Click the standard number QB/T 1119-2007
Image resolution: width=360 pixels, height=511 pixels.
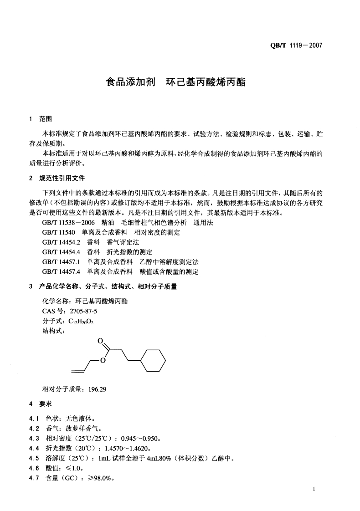click(x=296, y=46)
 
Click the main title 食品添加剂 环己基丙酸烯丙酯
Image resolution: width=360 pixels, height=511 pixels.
click(x=175, y=83)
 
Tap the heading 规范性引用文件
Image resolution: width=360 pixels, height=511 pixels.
click(x=62, y=178)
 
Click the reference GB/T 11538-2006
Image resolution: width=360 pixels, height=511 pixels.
click(x=68, y=223)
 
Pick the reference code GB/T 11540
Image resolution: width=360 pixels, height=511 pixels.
click(x=59, y=233)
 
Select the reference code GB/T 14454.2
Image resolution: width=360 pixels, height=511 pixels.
click(x=61, y=242)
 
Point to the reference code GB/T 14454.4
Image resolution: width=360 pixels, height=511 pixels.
click(x=61, y=252)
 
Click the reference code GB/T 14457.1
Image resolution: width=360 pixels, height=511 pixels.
click(x=61, y=262)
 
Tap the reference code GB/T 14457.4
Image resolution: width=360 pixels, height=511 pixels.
click(x=61, y=271)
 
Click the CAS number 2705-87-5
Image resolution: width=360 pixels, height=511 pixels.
click(x=83, y=311)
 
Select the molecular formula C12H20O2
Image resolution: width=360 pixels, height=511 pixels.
click(x=81, y=321)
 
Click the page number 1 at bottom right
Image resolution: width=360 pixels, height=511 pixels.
click(x=314, y=489)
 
